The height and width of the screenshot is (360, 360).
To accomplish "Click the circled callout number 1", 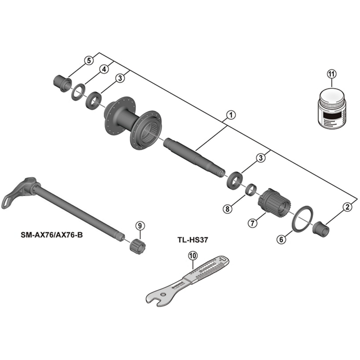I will click(229, 115).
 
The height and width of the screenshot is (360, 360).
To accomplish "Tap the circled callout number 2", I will click(346, 207).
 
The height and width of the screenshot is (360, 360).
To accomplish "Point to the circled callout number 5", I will click(89, 60).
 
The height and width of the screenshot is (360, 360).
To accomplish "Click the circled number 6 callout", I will click(281, 239).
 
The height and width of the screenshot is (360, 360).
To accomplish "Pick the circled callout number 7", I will click(252, 222).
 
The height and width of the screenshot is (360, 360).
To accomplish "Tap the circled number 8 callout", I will click(228, 209).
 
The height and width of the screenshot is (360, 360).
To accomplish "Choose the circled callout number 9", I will click(139, 225).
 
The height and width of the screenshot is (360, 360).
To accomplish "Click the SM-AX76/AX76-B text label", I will click(52, 234).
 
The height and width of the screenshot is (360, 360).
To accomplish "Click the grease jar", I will click(330, 108).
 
